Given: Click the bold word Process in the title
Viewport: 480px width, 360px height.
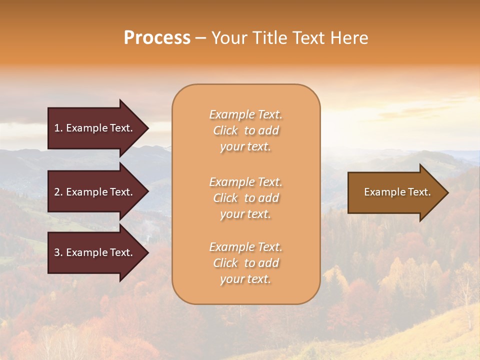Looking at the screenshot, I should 157,38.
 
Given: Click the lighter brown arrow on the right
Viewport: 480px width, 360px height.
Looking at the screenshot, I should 395,192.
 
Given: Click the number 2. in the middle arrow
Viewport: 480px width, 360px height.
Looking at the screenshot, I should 58,192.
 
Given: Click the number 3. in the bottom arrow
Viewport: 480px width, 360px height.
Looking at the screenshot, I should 58,252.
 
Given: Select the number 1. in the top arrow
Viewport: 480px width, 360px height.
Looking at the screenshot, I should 58,128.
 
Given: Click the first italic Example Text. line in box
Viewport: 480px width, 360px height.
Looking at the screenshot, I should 245,114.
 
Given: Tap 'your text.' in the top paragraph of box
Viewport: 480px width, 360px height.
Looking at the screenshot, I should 245,147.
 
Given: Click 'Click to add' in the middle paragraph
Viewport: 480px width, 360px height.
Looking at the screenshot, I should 245,198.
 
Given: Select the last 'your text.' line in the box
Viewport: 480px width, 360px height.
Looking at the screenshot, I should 245,279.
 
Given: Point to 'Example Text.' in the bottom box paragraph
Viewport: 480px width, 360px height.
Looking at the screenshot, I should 245,247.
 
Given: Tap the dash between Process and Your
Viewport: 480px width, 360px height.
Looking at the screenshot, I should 200,38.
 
